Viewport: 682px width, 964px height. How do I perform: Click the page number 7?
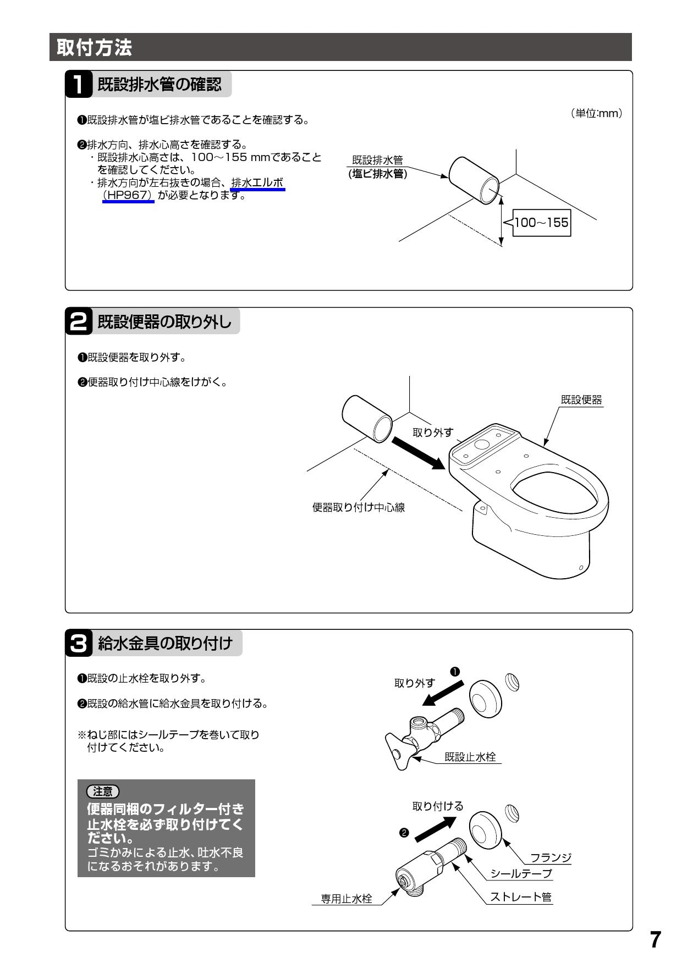pos(654,940)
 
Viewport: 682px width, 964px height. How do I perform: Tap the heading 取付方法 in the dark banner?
pos(94,48)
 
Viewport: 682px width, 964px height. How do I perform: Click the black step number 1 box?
pos(79,85)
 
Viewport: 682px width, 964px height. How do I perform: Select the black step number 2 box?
pos(79,322)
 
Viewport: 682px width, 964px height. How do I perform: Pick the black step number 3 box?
pos(79,643)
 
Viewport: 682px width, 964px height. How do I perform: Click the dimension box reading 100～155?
pos(541,223)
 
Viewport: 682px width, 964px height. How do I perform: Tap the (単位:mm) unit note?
pos(596,113)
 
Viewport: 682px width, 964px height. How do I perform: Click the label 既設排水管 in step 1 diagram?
pos(377,160)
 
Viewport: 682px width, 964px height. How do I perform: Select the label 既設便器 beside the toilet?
pos(581,400)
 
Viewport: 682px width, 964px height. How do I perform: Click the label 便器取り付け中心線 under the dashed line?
pos(359,507)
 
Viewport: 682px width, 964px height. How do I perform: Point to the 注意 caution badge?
pos(103,791)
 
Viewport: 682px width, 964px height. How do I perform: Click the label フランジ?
pos(550,858)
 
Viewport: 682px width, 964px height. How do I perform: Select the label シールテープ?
pos(520,873)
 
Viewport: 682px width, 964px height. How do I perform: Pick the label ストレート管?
pos(520,897)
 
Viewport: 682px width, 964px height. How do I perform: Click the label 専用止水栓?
pos(346,899)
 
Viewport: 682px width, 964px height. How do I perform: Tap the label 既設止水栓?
pos(470,757)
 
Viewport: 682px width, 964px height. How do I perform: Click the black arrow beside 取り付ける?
pos(436,829)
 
